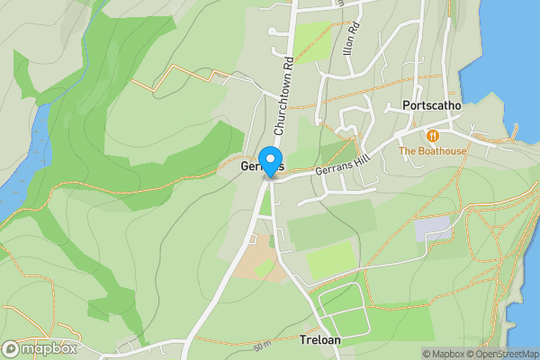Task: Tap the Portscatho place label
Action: [432, 106]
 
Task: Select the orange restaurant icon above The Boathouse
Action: [433, 135]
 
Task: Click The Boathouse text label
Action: [433, 151]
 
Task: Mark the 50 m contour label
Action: [262, 346]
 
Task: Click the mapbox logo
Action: [40, 349]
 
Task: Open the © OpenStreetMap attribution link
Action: [501, 354]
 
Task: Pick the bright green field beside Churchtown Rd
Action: [312, 39]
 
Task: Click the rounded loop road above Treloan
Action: [342, 309]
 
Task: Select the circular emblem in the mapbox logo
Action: [12, 349]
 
